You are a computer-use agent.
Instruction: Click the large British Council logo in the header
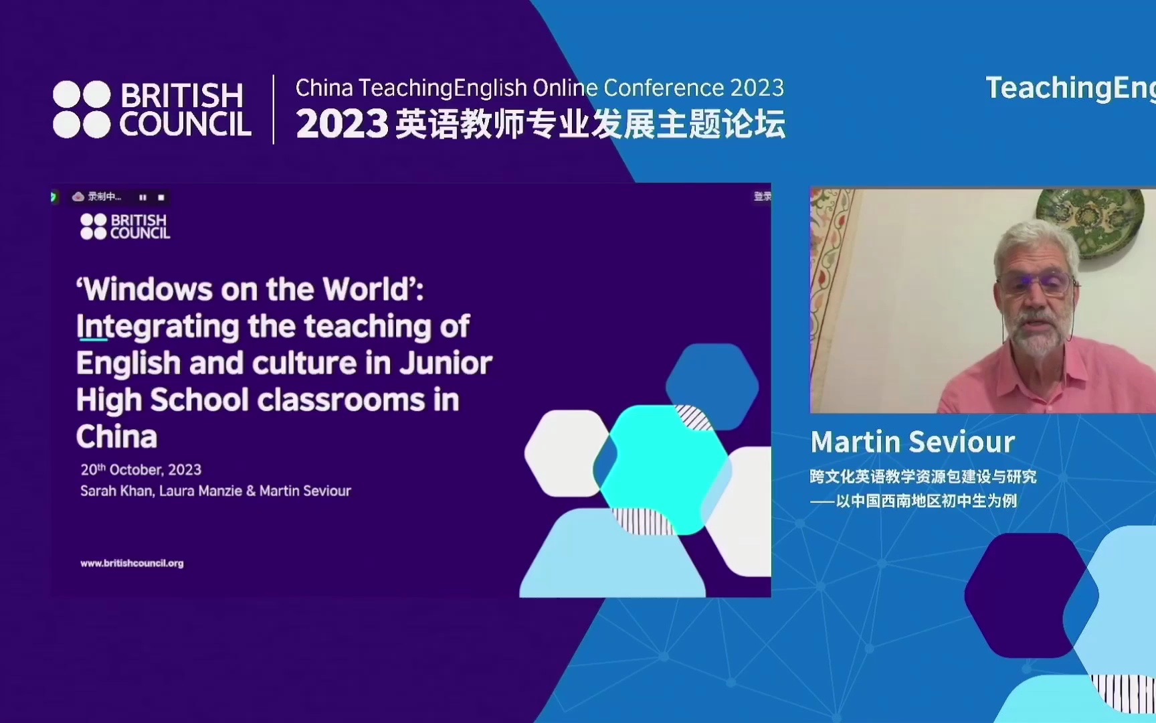152,110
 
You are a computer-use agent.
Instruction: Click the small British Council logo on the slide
125,226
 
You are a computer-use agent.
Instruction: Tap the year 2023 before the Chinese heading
342,125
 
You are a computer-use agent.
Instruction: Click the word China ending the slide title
117,436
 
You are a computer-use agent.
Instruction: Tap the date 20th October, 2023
141,470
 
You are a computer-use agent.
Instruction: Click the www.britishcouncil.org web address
132,564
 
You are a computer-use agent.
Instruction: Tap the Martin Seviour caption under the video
912,442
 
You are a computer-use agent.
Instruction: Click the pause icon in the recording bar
142,197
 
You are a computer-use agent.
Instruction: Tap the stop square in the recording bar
161,197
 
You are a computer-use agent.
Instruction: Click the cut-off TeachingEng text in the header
1070,88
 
